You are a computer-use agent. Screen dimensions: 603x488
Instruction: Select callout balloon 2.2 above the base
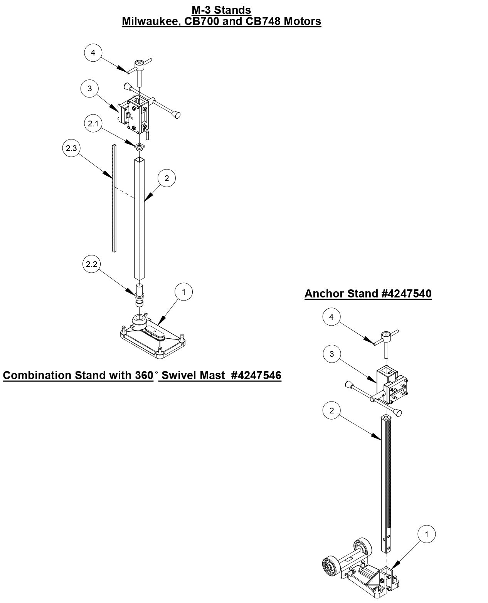(92, 264)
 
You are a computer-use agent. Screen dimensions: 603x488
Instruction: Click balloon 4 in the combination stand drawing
(93, 53)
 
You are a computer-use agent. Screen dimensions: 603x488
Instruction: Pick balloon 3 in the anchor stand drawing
(332, 354)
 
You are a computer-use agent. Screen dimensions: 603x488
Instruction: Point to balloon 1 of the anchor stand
(426, 534)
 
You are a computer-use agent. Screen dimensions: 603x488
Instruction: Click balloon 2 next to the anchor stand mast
(332, 411)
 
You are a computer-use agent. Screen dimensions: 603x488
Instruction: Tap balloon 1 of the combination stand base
(183, 292)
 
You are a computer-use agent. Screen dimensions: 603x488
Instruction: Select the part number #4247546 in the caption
(256, 375)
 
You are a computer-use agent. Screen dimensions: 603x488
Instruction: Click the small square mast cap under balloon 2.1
(139, 146)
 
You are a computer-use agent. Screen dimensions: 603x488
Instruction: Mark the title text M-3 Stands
(221, 10)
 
